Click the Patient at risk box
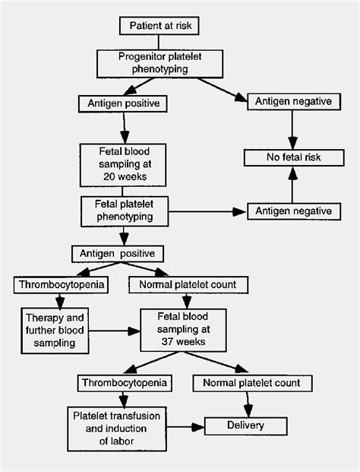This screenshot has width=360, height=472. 159,26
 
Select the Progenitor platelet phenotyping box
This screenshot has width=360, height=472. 159,64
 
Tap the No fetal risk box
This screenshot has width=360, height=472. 294,157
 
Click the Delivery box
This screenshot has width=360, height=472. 246,426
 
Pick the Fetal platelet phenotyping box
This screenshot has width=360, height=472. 125,211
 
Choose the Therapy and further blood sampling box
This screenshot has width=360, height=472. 55,331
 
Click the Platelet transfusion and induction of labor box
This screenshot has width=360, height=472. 117,429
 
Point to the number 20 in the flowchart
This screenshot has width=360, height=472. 109,176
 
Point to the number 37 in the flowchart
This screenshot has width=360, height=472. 167,342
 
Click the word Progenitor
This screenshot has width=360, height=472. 141,57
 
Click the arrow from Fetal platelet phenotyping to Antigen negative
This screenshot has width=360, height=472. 207,211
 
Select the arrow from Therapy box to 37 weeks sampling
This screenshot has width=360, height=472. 115,331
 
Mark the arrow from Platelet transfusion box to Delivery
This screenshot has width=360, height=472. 185,426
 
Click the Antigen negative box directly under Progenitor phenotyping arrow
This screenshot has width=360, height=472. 294,101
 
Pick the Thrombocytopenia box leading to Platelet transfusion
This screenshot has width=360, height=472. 125,383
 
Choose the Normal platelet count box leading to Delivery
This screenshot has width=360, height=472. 252,383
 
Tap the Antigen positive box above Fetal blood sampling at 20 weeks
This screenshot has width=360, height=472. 123,104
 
